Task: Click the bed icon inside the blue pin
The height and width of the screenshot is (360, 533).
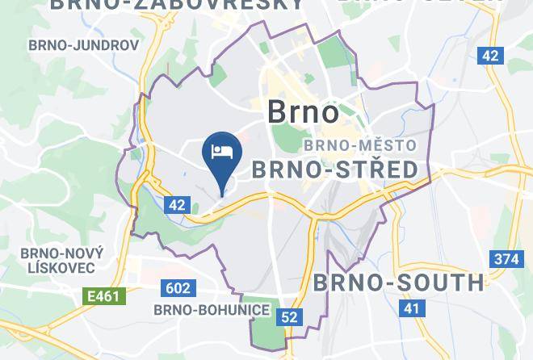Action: point(221,150)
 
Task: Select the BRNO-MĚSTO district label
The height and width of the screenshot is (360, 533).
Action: point(360,146)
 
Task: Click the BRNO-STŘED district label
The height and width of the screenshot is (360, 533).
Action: point(335,170)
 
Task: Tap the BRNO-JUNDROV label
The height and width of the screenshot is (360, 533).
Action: point(83,45)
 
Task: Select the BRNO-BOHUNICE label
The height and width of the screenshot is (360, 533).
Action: point(200,309)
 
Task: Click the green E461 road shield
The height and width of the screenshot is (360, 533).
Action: point(104,296)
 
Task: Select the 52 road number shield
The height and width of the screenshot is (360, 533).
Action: point(289,317)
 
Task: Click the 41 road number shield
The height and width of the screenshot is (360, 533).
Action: point(413,308)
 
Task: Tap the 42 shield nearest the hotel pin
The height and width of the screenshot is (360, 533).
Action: point(178,205)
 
